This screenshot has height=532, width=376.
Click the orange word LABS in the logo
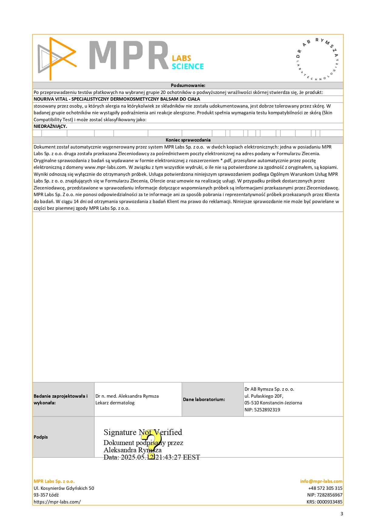[x=181, y=58]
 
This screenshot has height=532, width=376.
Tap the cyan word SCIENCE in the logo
[x=188, y=66]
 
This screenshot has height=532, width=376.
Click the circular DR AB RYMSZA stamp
[x=317, y=59]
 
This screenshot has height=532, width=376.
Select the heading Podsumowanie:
[x=188, y=85]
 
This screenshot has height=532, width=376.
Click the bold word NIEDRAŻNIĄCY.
[x=50, y=126]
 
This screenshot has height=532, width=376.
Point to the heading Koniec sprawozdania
[x=188, y=140]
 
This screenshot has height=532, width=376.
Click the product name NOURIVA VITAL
[x=51, y=99]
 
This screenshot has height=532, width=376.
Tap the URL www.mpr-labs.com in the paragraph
[x=105, y=167]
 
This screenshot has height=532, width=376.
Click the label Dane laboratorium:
[x=204, y=400]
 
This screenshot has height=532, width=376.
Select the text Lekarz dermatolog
[x=115, y=403]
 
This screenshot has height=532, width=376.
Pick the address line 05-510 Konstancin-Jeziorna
[x=273, y=403]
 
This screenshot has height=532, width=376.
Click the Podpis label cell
[x=41, y=437]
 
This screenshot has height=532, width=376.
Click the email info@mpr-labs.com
[x=321, y=481]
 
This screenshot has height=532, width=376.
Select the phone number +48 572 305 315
[x=325, y=488]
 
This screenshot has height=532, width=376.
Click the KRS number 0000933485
[x=329, y=502]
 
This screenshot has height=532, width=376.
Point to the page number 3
[x=342, y=514]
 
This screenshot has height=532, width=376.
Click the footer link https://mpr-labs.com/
[x=57, y=502]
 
